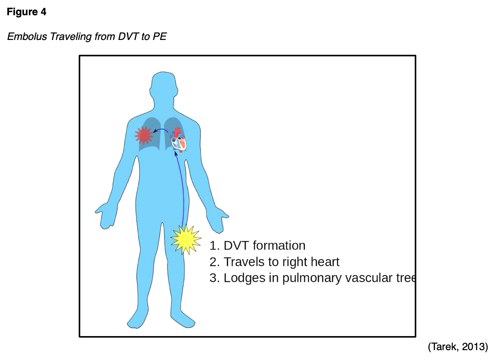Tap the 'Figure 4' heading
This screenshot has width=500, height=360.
pyautogui.click(x=27, y=12)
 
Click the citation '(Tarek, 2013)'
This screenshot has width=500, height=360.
pyautogui.click(x=458, y=347)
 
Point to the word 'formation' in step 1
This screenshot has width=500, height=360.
pyautogui.click(x=279, y=245)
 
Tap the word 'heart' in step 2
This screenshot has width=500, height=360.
pyautogui.click(x=325, y=262)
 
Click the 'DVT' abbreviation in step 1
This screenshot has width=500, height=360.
pyautogui.click(x=236, y=245)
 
